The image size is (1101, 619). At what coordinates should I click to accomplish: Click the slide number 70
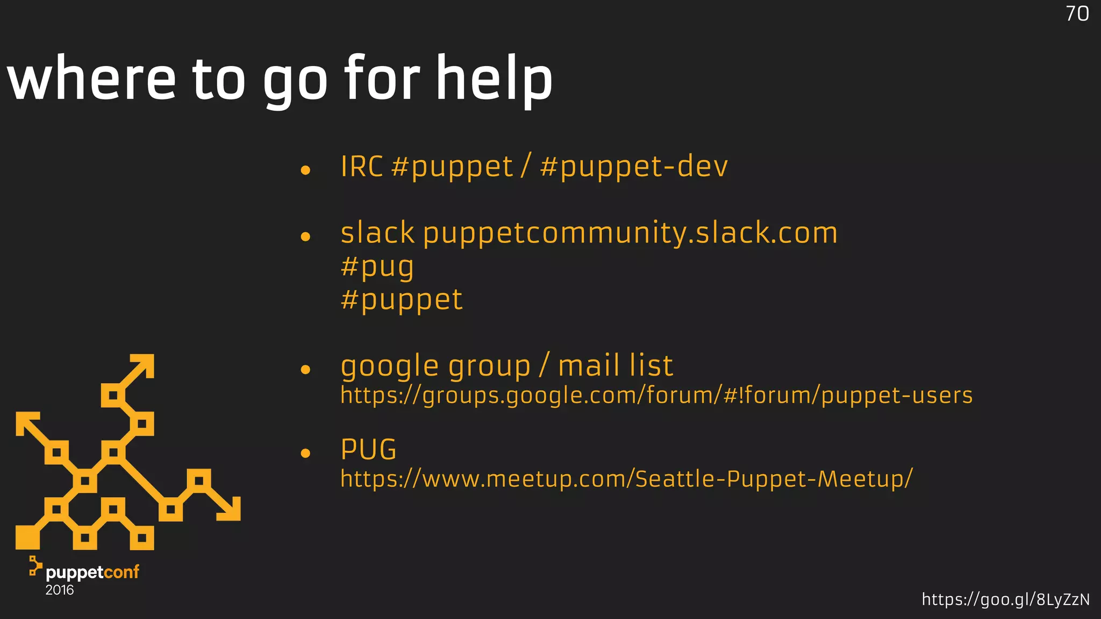click(1077, 13)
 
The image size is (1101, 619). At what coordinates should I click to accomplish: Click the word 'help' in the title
click(494, 79)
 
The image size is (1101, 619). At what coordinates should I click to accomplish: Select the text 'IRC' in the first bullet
click(361, 167)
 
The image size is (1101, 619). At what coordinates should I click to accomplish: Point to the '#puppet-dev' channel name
click(634, 167)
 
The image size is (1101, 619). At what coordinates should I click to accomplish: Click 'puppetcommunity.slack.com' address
click(630, 233)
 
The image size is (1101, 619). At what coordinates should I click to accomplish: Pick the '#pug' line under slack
click(377, 267)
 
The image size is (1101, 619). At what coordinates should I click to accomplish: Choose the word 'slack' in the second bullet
click(377, 233)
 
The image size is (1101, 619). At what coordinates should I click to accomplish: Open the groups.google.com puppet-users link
click(656, 395)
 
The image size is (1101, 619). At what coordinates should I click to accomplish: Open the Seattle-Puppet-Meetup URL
click(626, 478)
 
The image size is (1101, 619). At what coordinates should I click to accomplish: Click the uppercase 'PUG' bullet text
click(369, 449)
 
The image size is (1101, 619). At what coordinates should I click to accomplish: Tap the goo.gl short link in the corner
click(1005, 599)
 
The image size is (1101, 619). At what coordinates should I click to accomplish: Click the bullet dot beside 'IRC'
click(306, 170)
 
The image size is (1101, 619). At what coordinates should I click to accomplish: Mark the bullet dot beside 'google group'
click(306, 369)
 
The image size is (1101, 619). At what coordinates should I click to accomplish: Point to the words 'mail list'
click(615, 366)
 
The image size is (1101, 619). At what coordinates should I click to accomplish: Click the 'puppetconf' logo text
click(92, 572)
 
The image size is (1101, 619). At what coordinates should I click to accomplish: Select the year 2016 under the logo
click(60, 590)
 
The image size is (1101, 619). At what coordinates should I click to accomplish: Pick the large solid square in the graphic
click(27, 537)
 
